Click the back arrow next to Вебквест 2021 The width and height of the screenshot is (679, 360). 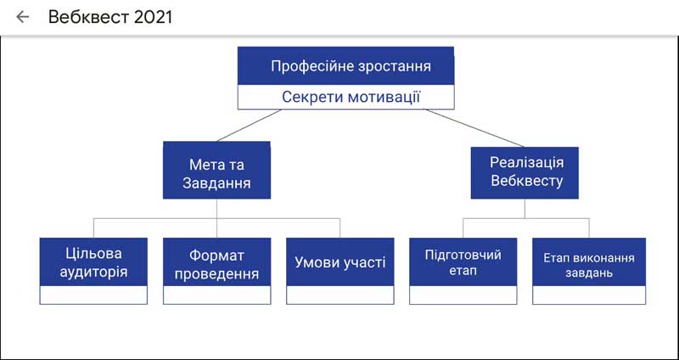pyautogui.click(x=23, y=17)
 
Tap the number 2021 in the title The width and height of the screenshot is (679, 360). pyautogui.click(x=154, y=17)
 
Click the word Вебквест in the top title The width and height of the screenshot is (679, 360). pyautogui.click(x=89, y=17)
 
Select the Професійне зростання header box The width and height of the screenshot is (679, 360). pyautogui.click(x=346, y=66)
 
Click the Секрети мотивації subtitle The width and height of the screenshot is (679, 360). pyautogui.click(x=351, y=97)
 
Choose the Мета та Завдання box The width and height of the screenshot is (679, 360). pyautogui.click(x=217, y=171)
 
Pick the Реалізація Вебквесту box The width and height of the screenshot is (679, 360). pyautogui.click(x=525, y=173)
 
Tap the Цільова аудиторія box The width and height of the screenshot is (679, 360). pyautogui.click(x=93, y=262)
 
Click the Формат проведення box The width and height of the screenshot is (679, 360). pyautogui.click(x=217, y=262)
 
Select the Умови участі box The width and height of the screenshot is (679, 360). pyautogui.click(x=340, y=262)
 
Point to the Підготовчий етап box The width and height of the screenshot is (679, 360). pyautogui.click(x=463, y=262)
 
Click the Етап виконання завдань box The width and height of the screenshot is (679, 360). pyautogui.click(x=589, y=262)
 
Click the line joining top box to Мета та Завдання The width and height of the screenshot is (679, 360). pyautogui.click(x=249, y=125)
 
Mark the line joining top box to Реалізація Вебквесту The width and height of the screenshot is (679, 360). pyautogui.click(x=475, y=128)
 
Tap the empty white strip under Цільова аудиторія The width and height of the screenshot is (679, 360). pyautogui.click(x=93, y=295)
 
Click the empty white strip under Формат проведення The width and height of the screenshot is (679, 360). pyautogui.click(x=217, y=295)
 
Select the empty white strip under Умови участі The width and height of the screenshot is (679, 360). pyautogui.click(x=340, y=295)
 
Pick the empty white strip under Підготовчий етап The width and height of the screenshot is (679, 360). pyautogui.click(x=463, y=295)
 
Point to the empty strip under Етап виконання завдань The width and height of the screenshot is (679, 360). pyautogui.click(x=589, y=295)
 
